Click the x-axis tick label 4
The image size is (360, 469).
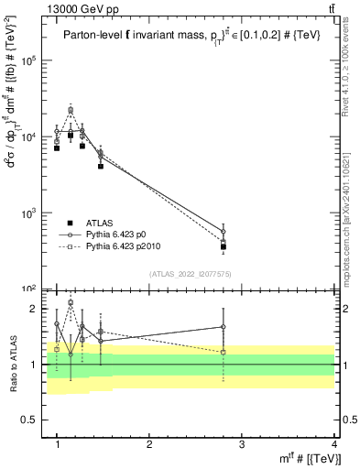click(x=334, y=443)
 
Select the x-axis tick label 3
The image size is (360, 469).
click(x=242, y=443)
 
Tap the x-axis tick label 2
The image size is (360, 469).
click(x=149, y=443)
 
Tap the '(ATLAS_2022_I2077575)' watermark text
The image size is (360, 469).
click(x=191, y=274)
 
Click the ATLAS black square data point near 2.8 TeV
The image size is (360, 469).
click(x=224, y=246)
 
